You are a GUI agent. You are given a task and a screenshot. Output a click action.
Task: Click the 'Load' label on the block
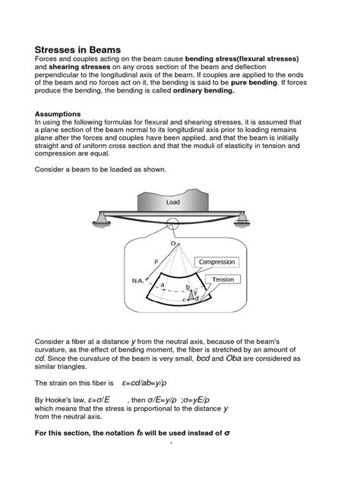(173, 203)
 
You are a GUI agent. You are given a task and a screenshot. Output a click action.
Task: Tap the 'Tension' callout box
(223, 279)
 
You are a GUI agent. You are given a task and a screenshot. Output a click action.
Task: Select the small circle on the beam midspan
(171, 229)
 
